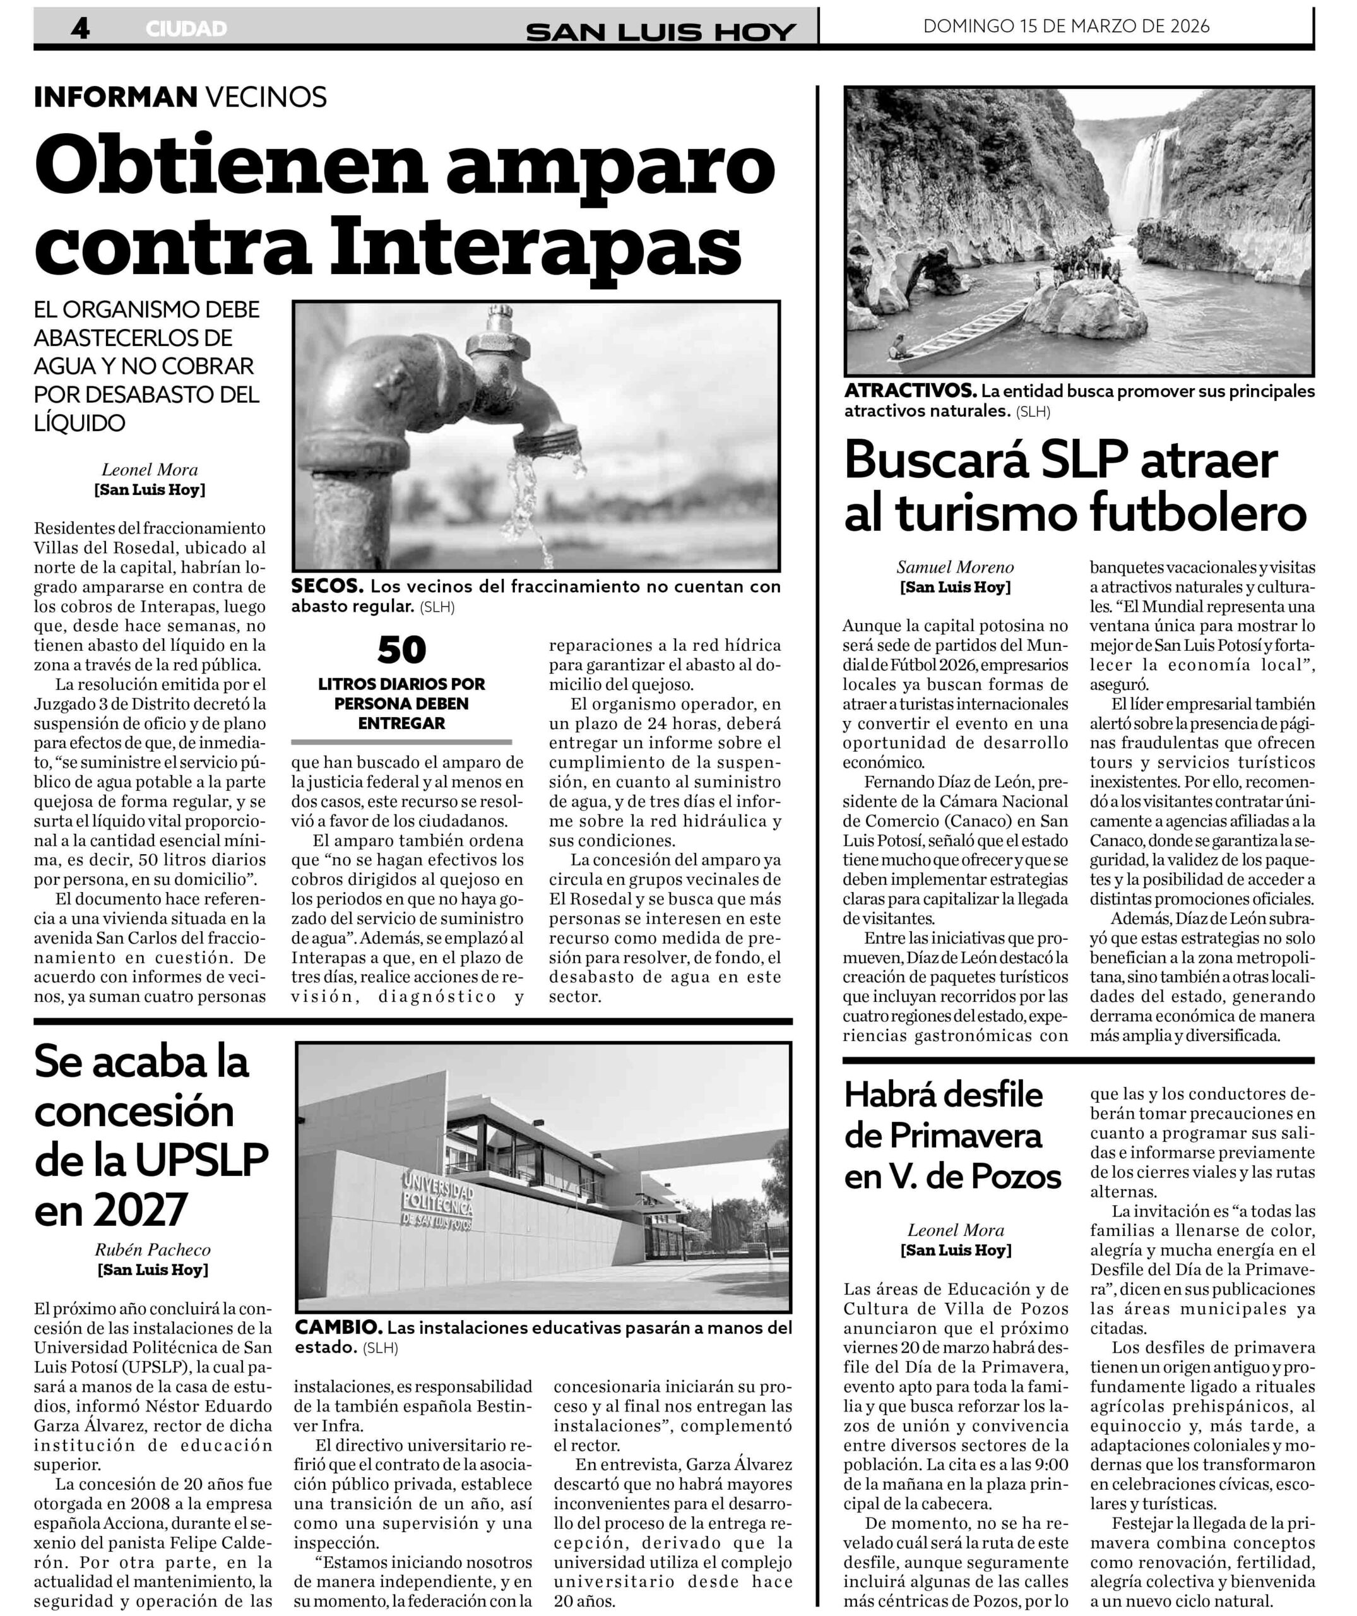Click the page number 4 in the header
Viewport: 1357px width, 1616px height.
pyautogui.click(x=80, y=28)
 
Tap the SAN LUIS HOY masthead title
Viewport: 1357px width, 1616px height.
pyautogui.click(x=661, y=32)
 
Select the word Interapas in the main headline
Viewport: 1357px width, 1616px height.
pyautogui.click(x=530, y=245)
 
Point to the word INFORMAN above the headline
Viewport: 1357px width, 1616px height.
pyautogui.click(x=116, y=98)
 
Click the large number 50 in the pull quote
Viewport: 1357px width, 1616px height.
pyautogui.click(x=401, y=651)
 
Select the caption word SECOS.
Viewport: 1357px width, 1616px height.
pyautogui.click(x=326, y=587)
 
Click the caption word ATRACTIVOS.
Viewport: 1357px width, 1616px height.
pyautogui.click(x=910, y=391)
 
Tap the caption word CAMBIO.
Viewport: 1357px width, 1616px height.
pyautogui.click(x=338, y=1328)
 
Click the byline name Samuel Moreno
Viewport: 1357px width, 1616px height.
pyautogui.click(x=955, y=567)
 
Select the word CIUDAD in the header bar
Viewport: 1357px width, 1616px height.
pyautogui.click(x=186, y=29)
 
